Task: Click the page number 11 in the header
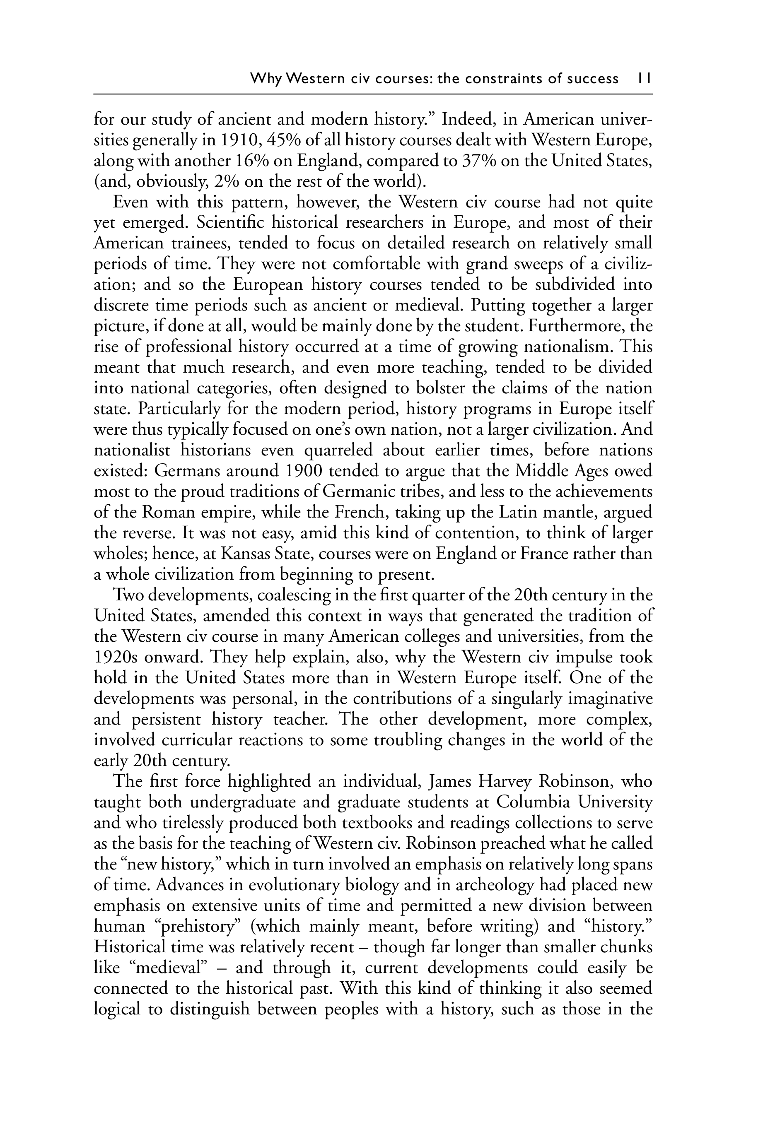(x=644, y=78)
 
